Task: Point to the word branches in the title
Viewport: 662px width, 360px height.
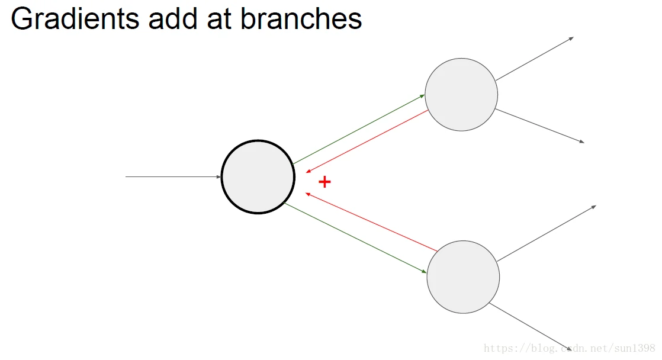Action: tap(301, 19)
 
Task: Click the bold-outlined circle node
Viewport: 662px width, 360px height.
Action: tap(258, 177)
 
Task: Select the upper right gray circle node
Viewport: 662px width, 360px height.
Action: tap(461, 94)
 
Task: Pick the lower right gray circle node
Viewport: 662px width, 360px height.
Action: tap(463, 277)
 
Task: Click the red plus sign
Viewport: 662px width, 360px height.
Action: tap(324, 182)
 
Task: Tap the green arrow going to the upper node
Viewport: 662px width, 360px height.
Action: tap(359, 128)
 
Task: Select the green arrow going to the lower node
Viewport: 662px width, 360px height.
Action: tap(355, 237)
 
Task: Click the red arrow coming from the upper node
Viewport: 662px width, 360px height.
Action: tap(367, 141)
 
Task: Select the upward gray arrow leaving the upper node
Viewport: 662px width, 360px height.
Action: tap(535, 58)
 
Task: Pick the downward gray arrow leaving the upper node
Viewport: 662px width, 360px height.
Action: tap(539, 126)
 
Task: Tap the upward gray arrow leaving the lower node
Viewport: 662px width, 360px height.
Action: tap(547, 233)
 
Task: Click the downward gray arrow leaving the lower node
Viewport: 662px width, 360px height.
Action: tap(530, 327)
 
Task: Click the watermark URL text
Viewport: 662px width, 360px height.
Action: tap(569, 348)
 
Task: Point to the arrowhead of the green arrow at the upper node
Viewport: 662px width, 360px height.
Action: tap(423, 95)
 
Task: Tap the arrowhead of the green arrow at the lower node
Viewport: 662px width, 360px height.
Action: tap(425, 272)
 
